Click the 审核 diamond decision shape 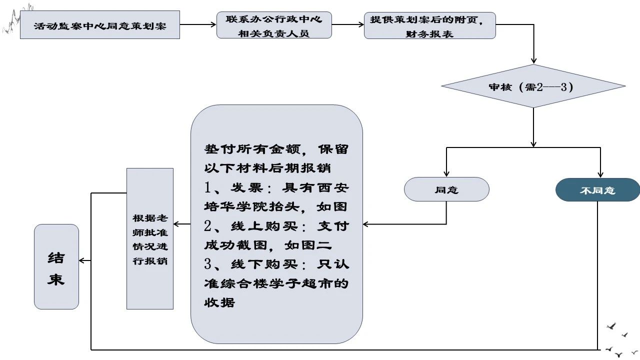point(533,86)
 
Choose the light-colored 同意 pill point(446,189)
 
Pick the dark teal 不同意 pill point(597,190)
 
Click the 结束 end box point(56,266)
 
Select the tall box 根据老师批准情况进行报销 point(150,238)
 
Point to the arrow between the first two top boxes point(198,23)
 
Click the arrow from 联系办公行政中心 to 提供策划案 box point(348,23)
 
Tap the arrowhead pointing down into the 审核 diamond point(533,60)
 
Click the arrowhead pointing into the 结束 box point(82,260)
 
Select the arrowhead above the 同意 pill point(446,173)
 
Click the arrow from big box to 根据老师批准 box point(182,224)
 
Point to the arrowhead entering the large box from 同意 point(366,224)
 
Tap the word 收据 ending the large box point(219,302)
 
